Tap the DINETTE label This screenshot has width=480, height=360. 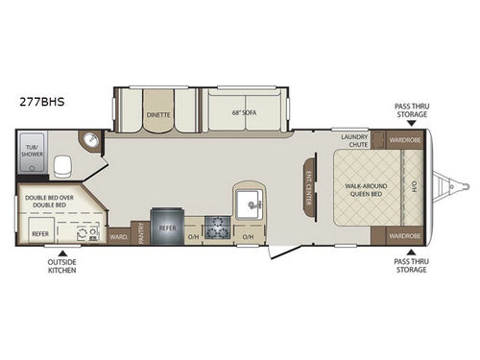click(x=157, y=111)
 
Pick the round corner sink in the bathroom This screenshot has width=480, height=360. click(x=91, y=141)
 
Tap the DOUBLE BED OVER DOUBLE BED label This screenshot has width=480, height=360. click(x=48, y=201)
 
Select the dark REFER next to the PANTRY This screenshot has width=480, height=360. click(x=167, y=228)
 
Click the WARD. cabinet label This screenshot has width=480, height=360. click(x=119, y=235)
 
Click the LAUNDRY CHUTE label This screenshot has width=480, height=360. click(x=354, y=140)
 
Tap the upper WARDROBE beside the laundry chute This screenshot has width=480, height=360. click(x=403, y=140)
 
